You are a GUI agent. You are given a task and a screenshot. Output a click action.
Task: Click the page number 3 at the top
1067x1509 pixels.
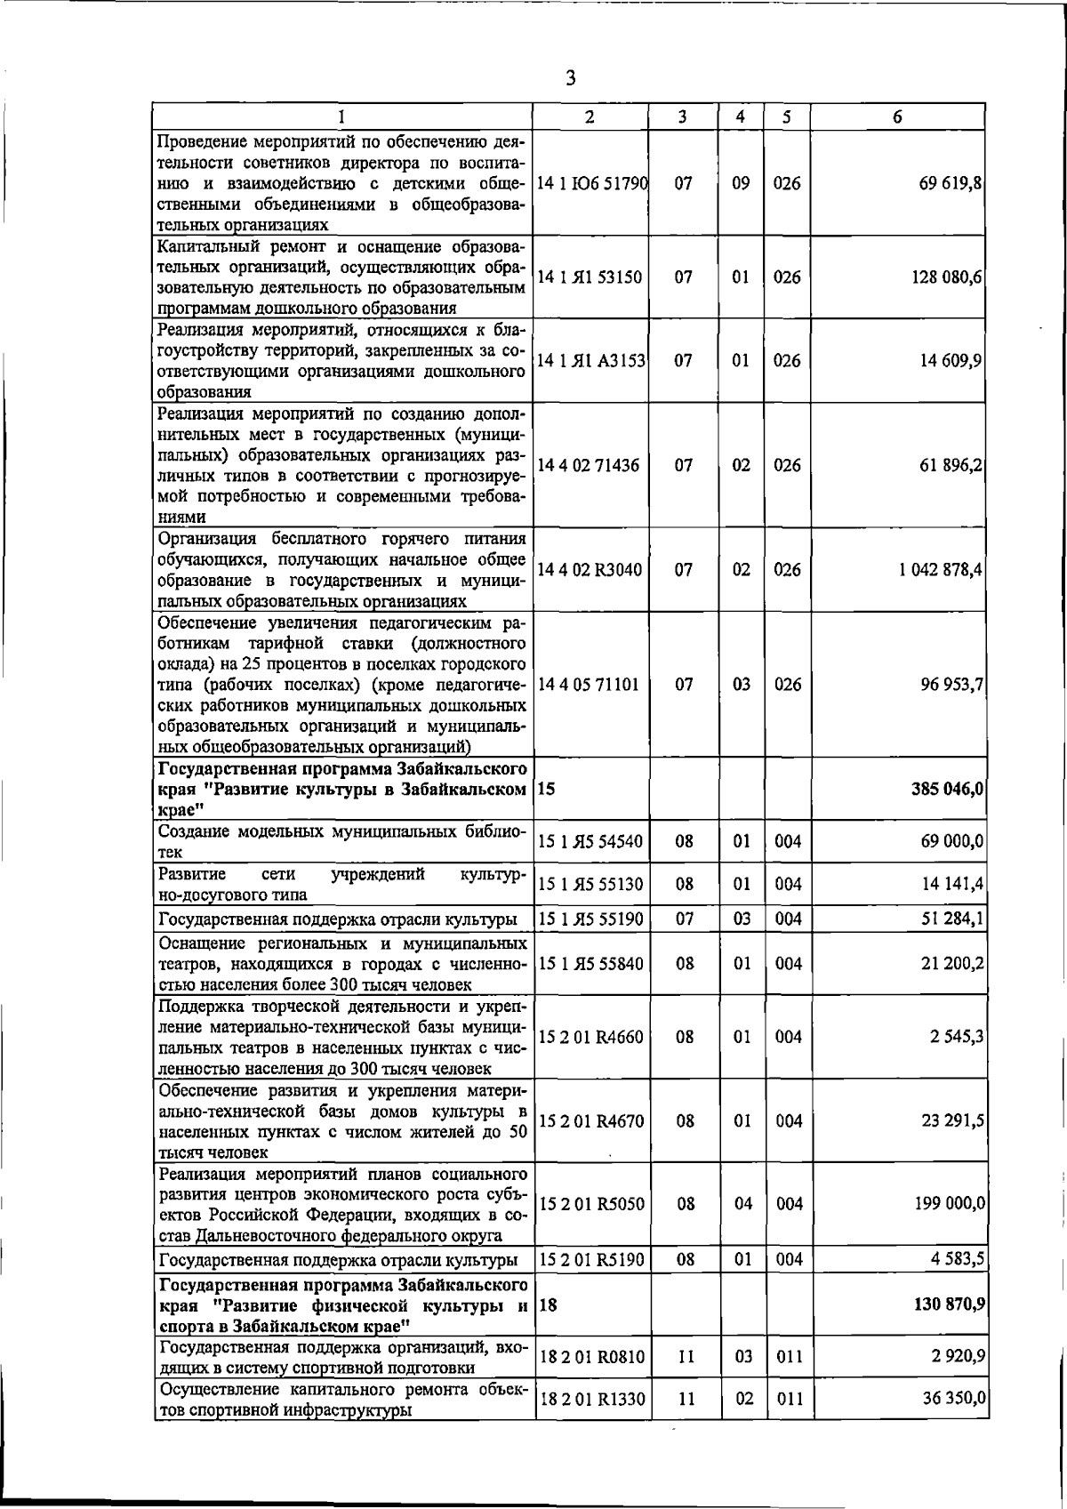tap(570, 78)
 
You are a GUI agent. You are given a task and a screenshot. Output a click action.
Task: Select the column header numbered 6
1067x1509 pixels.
tap(898, 116)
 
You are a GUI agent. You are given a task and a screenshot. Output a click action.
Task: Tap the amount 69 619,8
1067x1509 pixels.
tap(951, 183)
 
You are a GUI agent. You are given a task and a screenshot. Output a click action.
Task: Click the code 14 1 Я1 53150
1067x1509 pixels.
tap(590, 277)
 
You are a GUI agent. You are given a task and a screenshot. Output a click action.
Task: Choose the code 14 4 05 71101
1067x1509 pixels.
tap(590, 684)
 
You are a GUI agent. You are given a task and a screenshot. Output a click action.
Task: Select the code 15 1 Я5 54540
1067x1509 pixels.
tap(590, 840)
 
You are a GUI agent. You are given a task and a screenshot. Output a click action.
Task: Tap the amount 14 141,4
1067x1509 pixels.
tap(951, 884)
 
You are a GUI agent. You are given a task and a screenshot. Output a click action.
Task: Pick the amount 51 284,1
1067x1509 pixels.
tap(951, 919)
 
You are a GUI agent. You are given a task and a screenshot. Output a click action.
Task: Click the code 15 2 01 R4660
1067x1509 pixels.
tap(590, 1037)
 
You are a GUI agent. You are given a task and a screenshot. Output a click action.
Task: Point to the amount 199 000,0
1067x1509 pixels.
tap(949, 1203)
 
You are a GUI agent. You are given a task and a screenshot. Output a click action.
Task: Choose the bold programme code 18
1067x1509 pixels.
tap(548, 1304)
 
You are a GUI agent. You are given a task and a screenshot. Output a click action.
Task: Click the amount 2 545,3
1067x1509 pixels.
tap(957, 1037)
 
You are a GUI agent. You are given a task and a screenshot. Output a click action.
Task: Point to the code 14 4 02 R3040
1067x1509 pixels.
tap(590, 569)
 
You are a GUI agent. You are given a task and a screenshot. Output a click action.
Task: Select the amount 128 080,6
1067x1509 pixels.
tap(947, 277)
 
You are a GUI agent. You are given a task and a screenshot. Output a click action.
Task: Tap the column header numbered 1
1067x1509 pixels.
tap(341, 116)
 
